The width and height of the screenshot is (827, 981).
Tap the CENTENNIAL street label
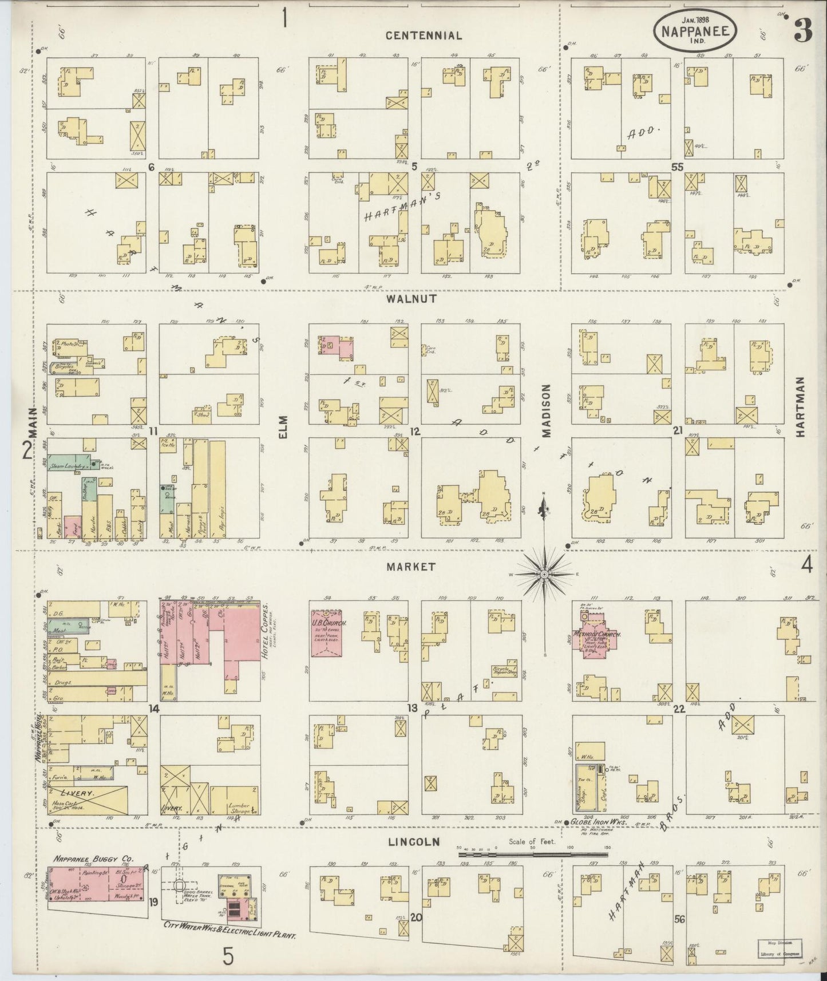coord(423,35)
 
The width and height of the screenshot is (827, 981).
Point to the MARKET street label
coord(410,567)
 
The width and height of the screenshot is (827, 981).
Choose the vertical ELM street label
coord(283,426)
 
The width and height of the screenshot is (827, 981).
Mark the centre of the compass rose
coord(544,573)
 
